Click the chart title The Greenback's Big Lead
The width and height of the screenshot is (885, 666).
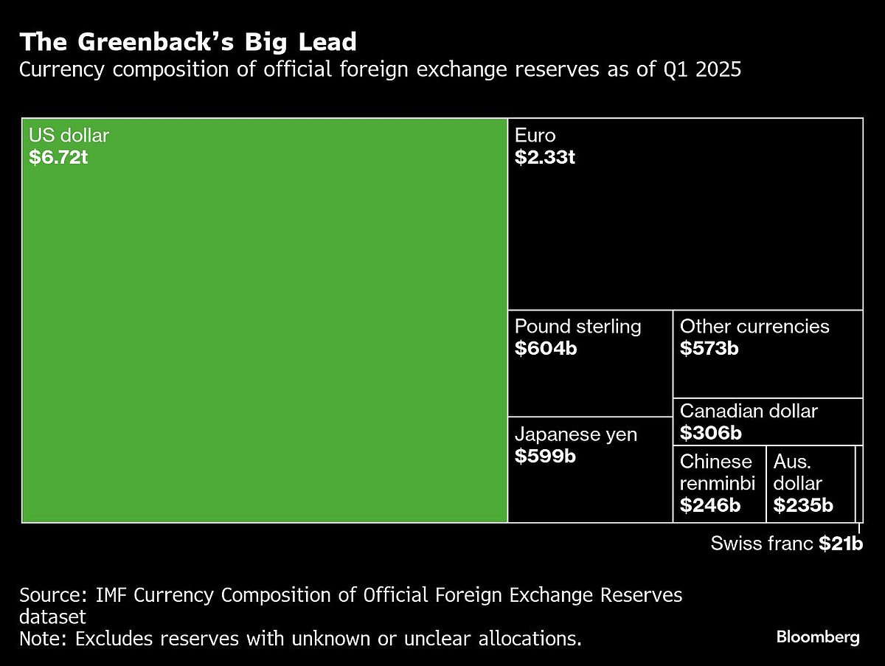188,42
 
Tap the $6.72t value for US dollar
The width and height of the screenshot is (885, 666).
59,157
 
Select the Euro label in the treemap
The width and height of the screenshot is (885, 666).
535,136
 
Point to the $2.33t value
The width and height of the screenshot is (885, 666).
545,157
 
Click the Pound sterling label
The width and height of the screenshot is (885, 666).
578,326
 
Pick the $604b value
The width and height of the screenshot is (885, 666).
546,348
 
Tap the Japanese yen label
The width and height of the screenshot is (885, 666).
576,434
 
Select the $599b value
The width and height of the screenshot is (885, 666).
546,456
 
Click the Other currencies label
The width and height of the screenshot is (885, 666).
754,326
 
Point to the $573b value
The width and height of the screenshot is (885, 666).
709,348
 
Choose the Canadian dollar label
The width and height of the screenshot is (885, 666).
749,411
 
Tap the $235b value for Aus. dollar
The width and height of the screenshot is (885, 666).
803,505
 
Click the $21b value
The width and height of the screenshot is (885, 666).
840,544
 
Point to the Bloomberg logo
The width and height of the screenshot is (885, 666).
818,637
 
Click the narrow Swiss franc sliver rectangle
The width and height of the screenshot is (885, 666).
858,484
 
